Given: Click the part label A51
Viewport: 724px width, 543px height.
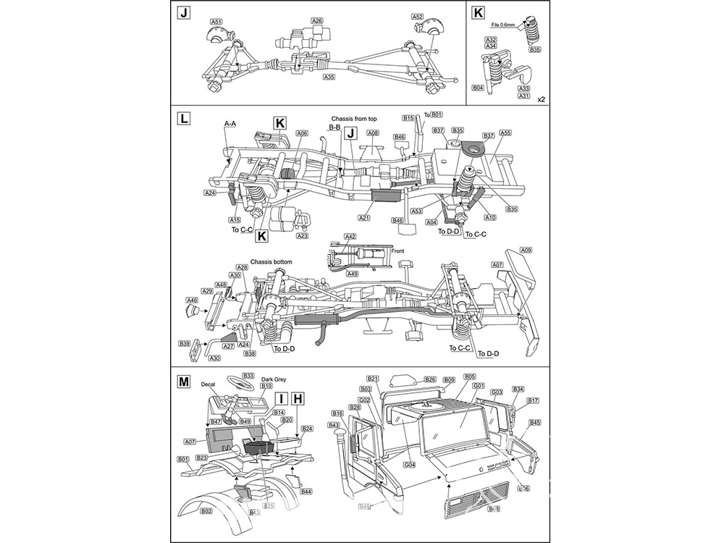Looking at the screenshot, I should coord(216,22).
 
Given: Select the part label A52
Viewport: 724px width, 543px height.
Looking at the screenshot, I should coord(417,17).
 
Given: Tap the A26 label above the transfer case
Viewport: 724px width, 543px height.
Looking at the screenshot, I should coord(316,21).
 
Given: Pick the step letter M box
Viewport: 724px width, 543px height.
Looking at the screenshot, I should coord(183,380).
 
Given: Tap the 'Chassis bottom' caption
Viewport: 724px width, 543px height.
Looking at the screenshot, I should coord(272,261).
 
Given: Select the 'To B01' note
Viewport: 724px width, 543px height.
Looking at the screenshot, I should coord(433,114).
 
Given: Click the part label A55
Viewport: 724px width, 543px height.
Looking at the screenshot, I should coord(505,133).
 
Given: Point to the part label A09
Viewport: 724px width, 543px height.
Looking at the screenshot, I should coord(526,250).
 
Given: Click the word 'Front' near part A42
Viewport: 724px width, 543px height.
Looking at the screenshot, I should coord(397,251).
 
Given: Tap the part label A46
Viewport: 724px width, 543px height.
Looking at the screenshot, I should coord(192,300).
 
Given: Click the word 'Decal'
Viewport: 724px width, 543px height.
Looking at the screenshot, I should coord(211,386).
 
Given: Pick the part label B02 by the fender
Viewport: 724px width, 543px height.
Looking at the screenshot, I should coord(206,510).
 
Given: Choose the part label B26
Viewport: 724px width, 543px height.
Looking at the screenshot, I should coord(430,379).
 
